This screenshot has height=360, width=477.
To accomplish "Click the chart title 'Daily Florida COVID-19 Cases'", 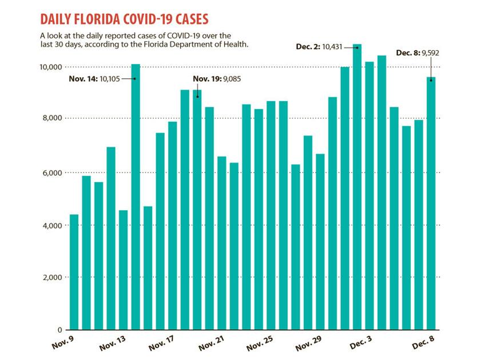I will (x=125, y=19).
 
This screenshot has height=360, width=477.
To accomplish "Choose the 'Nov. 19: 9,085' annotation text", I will (x=216, y=79).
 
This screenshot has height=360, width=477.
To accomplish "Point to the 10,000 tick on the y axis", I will (x=51, y=67).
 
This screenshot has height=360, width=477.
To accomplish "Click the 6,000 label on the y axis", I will (x=53, y=173).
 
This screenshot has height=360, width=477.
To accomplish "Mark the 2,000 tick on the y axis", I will (x=53, y=277).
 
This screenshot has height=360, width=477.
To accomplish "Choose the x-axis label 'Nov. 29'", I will (x=309, y=346).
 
